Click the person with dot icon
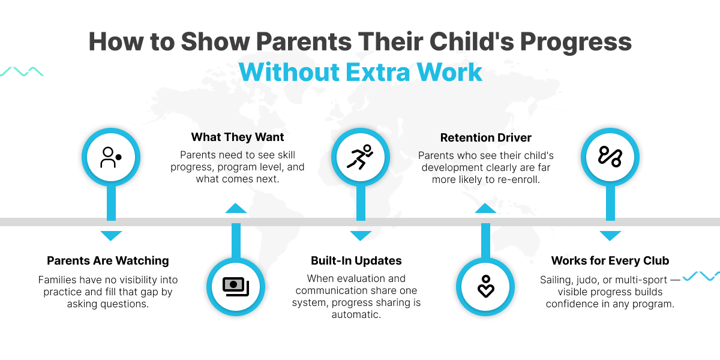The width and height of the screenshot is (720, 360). (111, 157)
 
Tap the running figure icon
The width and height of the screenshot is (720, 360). (360, 157)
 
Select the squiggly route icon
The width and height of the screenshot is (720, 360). (610, 157)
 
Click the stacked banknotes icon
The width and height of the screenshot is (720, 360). (236, 287)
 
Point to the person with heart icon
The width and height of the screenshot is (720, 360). (485, 286)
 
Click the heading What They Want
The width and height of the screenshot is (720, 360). (238, 137)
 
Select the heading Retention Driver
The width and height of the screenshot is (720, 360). (485, 137)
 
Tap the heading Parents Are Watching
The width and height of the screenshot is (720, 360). (107, 260)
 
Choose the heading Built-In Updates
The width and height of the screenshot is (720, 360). (356, 260)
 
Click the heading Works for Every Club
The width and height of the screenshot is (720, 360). (610, 260)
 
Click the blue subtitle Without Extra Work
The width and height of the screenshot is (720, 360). (360, 72)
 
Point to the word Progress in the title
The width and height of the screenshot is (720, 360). (575, 42)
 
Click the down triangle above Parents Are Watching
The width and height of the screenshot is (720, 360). (111, 236)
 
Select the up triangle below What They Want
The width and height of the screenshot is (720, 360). (236, 208)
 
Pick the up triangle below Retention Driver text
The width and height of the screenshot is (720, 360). (485, 208)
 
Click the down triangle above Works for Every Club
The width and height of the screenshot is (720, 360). (610, 236)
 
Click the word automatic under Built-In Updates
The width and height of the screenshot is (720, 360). (356, 314)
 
